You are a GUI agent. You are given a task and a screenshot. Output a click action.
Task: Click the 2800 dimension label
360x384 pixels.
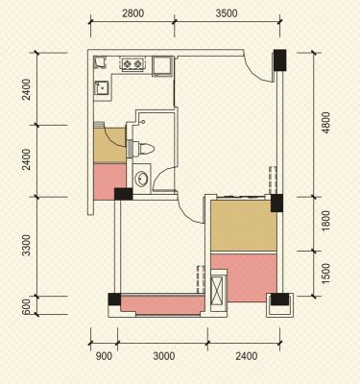(x=133, y=13)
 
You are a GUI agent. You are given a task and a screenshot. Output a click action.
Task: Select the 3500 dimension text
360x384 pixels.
(x=227, y=13)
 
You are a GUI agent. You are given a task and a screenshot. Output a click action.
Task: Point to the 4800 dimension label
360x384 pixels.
(x=325, y=123)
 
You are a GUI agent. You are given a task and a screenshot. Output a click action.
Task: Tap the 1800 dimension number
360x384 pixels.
(x=325, y=221)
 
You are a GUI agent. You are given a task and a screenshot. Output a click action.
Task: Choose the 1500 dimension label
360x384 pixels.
(x=325, y=274)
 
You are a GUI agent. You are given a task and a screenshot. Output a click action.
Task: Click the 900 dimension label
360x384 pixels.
(x=104, y=356)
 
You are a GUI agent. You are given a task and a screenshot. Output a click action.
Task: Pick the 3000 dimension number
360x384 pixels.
(x=164, y=356)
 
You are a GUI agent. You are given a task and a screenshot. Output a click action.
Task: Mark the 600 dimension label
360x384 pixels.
(x=27, y=306)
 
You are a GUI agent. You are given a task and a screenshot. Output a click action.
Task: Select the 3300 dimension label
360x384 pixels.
(x=27, y=246)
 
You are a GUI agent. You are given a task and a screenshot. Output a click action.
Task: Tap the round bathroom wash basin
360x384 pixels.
(x=141, y=179)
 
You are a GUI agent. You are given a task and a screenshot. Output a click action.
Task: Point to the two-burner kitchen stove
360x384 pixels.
(x=132, y=64)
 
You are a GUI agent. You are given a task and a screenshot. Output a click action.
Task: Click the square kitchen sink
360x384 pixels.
(x=102, y=88)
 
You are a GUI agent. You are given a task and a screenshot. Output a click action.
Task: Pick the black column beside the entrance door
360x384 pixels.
(x=280, y=60)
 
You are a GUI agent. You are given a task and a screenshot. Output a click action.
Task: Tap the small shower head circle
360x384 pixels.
(x=143, y=122)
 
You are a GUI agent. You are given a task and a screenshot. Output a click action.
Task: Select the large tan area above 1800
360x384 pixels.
(x=244, y=226)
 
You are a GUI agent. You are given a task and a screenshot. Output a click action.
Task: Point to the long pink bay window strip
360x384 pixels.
(x=162, y=305)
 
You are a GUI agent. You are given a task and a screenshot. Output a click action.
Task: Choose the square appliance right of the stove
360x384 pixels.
(x=162, y=66)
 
